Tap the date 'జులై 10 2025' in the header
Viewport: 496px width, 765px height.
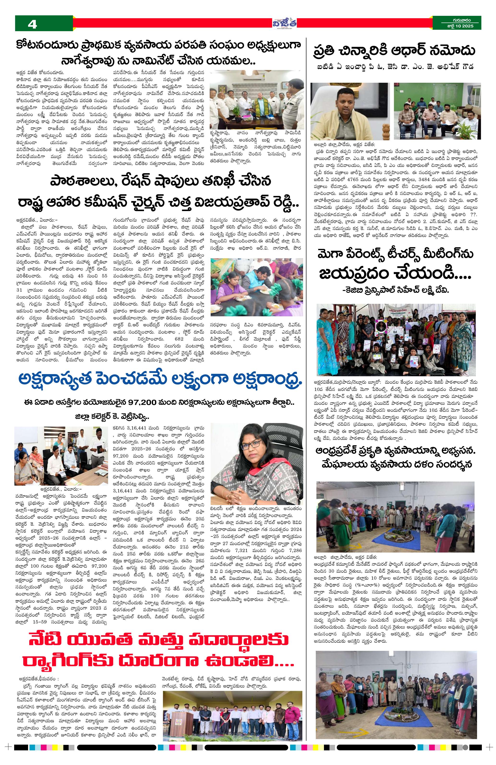457,27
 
